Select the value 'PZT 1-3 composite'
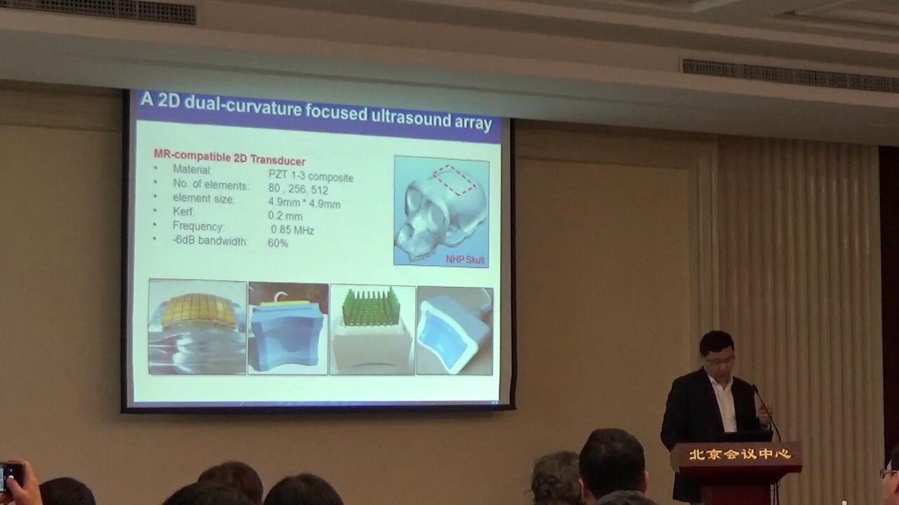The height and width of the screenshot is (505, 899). coord(311,176)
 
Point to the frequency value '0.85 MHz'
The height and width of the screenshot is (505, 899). coord(292,229)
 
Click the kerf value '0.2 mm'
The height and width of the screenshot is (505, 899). coord(285,216)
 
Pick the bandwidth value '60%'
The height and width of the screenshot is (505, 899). coord(277,243)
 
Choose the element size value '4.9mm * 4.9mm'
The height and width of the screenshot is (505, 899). coord(304,203)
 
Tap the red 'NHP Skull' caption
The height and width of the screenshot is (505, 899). coord(466,260)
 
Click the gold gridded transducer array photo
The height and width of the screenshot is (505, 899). coord(198,327)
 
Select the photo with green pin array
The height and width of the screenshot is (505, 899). coord(372,330)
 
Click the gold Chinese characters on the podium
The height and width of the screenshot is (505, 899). coord(740,454)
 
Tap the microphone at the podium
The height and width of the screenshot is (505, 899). coord(766,411)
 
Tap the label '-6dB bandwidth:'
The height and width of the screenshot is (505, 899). coord(210,241)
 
